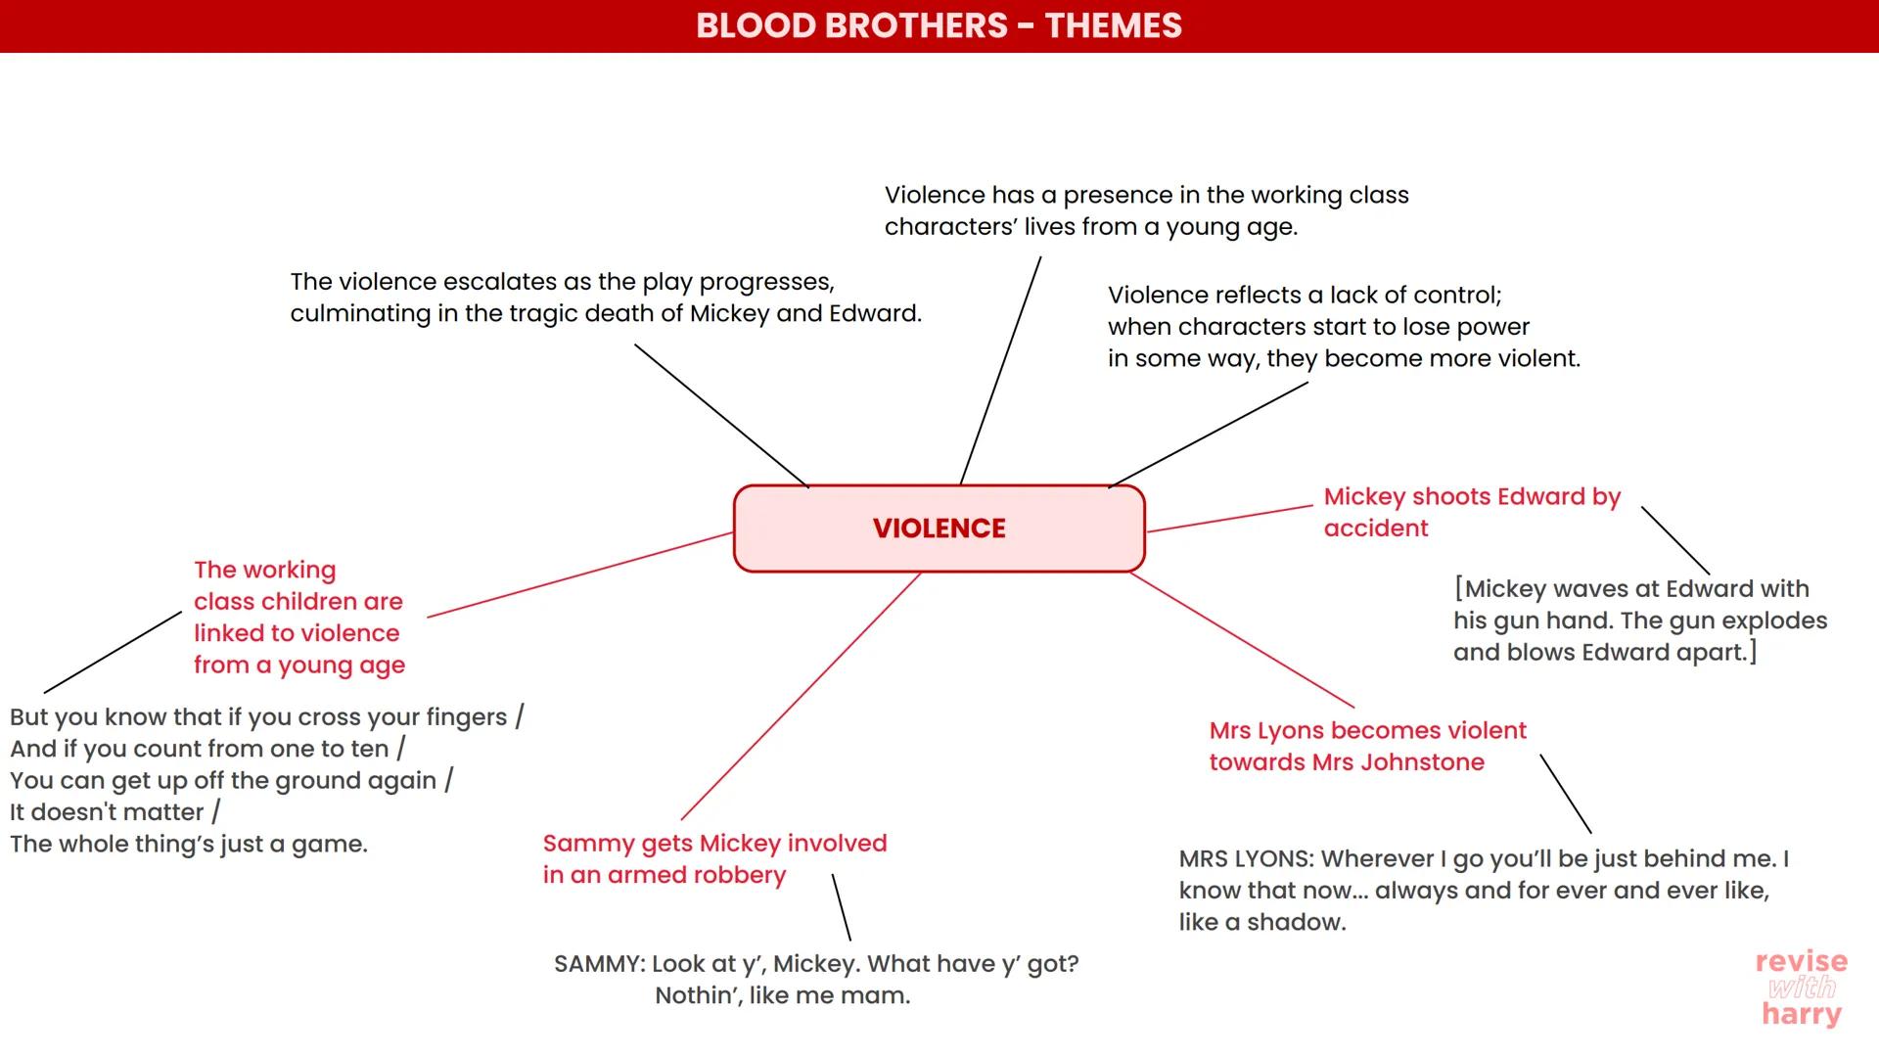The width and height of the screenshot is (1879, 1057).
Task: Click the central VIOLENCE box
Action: (939, 528)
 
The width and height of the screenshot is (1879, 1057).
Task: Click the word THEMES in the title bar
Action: (1113, 25)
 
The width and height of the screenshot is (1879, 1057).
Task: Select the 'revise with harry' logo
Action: (1802, 988)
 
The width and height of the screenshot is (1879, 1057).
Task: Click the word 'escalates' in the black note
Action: (504, 282)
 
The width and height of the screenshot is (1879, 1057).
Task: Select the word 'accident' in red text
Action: (1375, 528)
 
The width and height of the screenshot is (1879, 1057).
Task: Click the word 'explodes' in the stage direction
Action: (1774, 620)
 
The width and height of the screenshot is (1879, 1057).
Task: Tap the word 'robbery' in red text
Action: (745, 875)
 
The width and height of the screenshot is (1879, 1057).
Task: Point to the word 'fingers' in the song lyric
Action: (465, 717)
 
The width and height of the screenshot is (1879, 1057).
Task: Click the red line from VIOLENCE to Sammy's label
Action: (801, 696)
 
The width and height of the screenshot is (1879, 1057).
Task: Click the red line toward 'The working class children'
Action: (580, 574)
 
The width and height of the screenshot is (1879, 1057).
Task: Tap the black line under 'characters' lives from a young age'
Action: (1000, 370)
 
